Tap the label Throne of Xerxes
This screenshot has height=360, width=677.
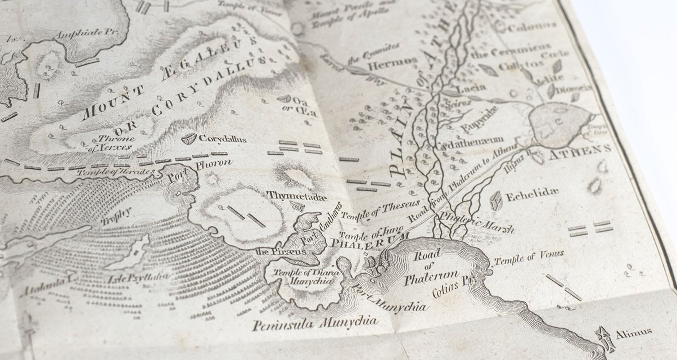click(x=109, y=143)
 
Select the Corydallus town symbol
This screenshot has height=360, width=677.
click(x=189, y=139)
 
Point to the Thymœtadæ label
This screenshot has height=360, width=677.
click(x=297, y=195)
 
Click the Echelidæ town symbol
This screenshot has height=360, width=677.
click(x=496, y=200)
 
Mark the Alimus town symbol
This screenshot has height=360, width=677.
click(x=605, y=338)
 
